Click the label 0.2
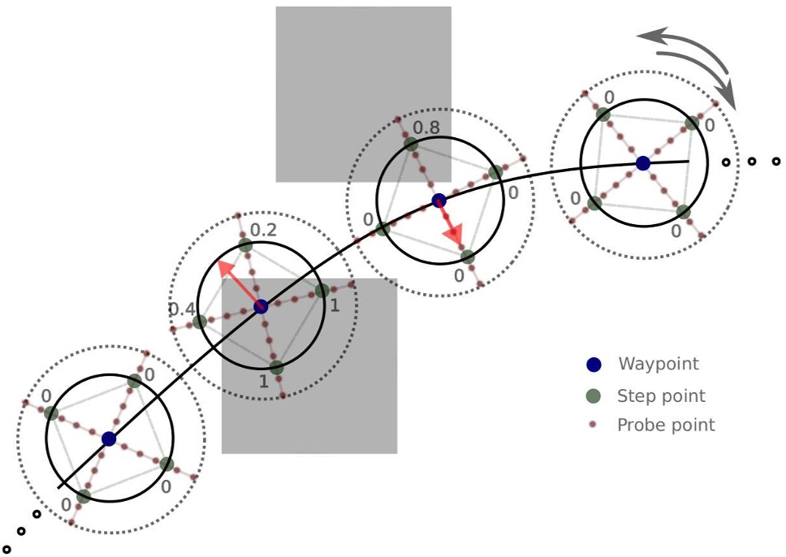pos(263,231)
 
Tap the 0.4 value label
pos(181,309)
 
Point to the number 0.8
pos(426,128)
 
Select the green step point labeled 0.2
pos(246,245)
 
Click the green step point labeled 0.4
pos(200,322)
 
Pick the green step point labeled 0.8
pos(411,145)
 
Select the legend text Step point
pos(661,396)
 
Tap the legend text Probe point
pos(666,425)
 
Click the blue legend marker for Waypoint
pos(594,365)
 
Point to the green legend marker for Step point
pos(594,396)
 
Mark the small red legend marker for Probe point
pos(594,425)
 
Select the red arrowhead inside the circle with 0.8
pos(456,235)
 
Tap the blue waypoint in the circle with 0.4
pos(261,306)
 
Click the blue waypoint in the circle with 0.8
pos(438,200)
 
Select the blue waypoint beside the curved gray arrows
pos(642,163)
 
